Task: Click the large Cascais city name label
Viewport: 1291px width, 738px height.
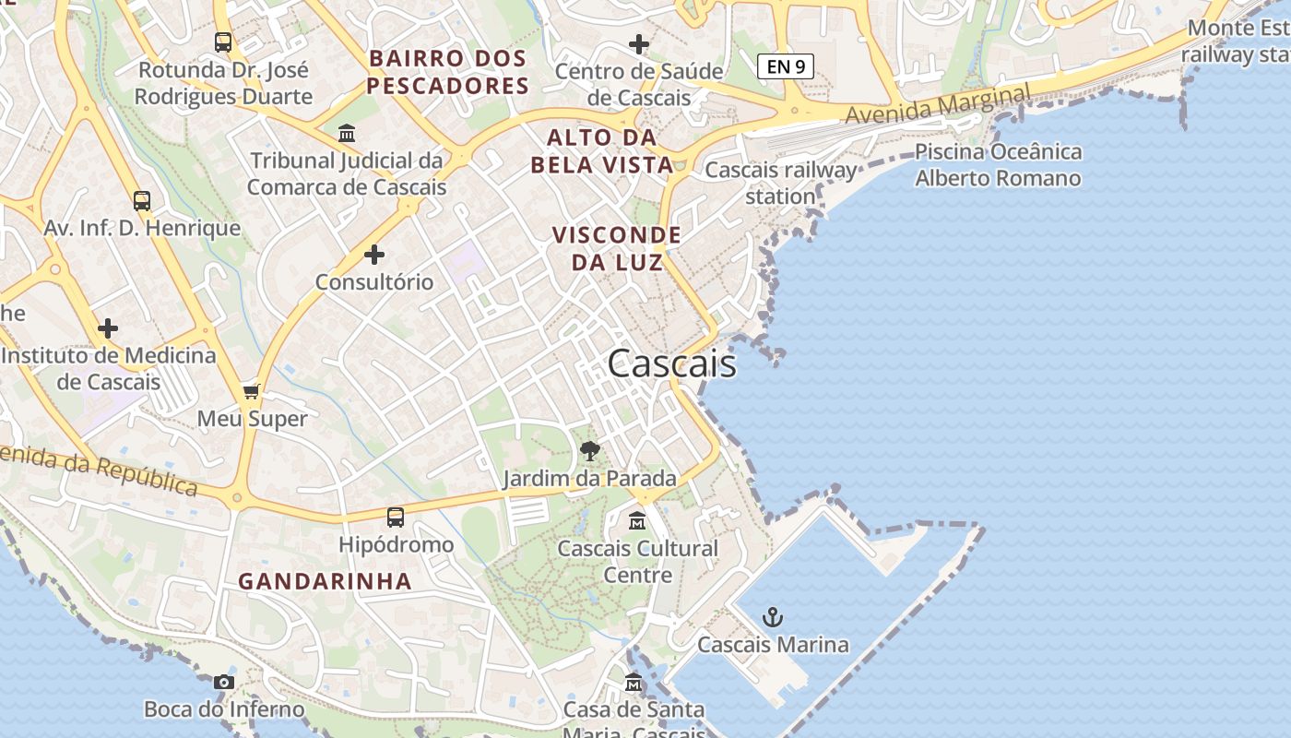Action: (x=672, y=363)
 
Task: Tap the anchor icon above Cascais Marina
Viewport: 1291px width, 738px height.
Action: (x=773, y=617)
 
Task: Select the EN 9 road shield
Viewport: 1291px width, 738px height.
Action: (x=786, y=66)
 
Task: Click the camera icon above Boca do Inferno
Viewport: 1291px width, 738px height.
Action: (x=223, y=683)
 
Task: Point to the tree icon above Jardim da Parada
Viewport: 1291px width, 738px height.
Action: (x=590, y=451)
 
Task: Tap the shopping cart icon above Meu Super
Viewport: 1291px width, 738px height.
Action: (x=252, y=392)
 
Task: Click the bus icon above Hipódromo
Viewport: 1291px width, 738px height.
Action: (x=396, y=518)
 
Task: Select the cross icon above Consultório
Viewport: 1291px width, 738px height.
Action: (x=374, y=255)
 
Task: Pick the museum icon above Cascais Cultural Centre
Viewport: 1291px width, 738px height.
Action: (x=637, y=521)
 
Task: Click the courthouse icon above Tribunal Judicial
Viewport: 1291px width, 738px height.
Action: (x=347, y=134)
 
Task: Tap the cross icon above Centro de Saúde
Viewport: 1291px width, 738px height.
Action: (x=638, y=44)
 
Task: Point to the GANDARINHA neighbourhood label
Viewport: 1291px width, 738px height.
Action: (x=325, y=581)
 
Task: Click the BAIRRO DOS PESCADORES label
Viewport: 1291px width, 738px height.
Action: (x=448, y=72)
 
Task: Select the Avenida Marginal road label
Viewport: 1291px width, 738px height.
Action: (x=938, y=104)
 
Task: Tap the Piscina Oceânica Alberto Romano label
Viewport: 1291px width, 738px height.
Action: (x=998, y=164)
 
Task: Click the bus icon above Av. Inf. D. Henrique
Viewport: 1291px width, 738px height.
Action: (x=142, y=201)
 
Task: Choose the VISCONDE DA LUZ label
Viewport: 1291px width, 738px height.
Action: (x=617, y=248)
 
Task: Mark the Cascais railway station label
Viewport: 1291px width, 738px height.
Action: (x=780, y=183)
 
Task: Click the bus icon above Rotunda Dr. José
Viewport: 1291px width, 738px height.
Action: (x=223, y=42)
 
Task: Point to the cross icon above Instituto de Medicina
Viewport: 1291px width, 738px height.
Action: (x=108, y=328)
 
